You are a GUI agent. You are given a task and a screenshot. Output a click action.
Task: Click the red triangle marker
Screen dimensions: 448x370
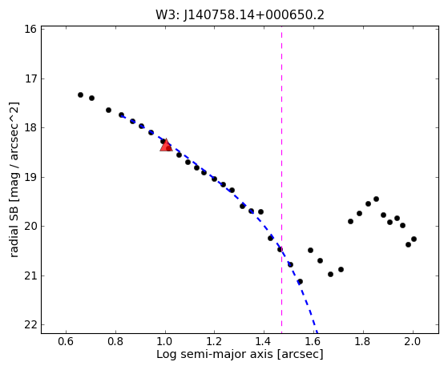pyautogui.click(x=166, y=145)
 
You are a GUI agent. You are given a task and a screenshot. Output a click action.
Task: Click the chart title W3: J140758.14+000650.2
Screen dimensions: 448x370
pyautogui.click(x=240, y=15)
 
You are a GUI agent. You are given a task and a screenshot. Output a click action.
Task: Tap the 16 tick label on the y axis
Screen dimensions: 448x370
pyautogui.click(x=30, y=29)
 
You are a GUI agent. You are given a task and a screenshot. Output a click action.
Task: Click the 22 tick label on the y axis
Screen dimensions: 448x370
pyautogui.click(x=30, y=325)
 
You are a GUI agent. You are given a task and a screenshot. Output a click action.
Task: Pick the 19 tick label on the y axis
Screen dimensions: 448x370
pyautogui.click(x=30, y=177)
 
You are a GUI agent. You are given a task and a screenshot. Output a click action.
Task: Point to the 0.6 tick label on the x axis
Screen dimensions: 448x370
pyautogui.click(x=66, y=341)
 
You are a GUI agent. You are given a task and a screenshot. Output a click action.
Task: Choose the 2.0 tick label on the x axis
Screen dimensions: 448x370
pyautogui.click(x=412, y=341)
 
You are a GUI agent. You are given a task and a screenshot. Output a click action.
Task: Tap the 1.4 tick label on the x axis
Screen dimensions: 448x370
pyautogui.click(x=264, y=341)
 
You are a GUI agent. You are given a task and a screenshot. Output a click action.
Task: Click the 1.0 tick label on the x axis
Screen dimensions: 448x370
pyautogui.click(x=165, y=341)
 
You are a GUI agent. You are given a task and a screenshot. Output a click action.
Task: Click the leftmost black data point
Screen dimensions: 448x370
pyautogui.click(x=81, y=95)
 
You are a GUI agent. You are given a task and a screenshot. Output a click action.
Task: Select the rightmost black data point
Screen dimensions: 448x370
pyautogui.click(x=414, y=239)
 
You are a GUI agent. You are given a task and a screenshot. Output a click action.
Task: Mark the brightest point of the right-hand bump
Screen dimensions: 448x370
pyautogui.click(x=377, y=199)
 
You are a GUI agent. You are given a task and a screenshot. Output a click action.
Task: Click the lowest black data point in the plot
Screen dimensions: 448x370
pyautogui.click(x=300, y=281)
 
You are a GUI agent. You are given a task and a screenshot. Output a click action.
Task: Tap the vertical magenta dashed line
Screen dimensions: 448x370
pyautogui.click(x=282, y=180)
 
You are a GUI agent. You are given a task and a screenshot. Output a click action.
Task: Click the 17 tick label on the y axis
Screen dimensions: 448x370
pyautogui.click(x=30, y=78)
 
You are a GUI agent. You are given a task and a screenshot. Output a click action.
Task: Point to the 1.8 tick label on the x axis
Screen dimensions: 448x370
pyautogui.click(x=363, y=341)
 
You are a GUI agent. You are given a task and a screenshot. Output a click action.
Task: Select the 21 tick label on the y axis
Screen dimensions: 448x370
pyautogui.click(x=30, y=275)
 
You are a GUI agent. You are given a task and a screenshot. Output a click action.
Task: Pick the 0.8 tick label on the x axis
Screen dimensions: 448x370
pyautogui.click(x=115, y=341)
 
